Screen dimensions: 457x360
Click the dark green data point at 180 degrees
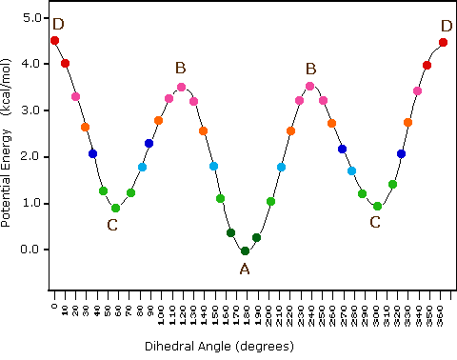pyautogui.click(x=245, y=251)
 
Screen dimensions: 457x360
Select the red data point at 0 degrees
pyautogui.click(x=54, y=41)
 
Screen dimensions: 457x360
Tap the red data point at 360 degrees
pyautogui.click(x=444, y=43)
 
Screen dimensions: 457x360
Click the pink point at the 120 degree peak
pyautogui.click(x=181, y=88)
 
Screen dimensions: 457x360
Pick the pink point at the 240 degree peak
pyautogui.click(x=309, y=86)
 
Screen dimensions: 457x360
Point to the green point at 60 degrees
pyautogui.click(x=115, y=208)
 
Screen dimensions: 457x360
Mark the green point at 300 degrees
pyautogui.click(x=377, y=206)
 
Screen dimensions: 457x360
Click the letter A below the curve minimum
pyautogui.click(x=245, y=269)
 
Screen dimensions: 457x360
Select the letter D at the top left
pyautogui.click(x=59, y=24)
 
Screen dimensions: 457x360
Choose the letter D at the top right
pyautogui.click(x=447, y=26)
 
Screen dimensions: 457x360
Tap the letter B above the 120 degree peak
pyautogui.click(x=180, y=68)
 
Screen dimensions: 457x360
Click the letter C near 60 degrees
pyautogui.click(x=112, y=225)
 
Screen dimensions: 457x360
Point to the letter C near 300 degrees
pyautogui.click(x=375, y=222)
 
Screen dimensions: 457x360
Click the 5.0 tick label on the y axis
pyautogui.click(x=30, y=18)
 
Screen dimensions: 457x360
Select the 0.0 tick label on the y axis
pyautogui.click(x=30, y=250)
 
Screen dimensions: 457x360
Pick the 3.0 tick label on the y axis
pyautogui.click(x=30, y=110)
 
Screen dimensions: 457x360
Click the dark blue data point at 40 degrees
pyautogui.click(x=92, y=154)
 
